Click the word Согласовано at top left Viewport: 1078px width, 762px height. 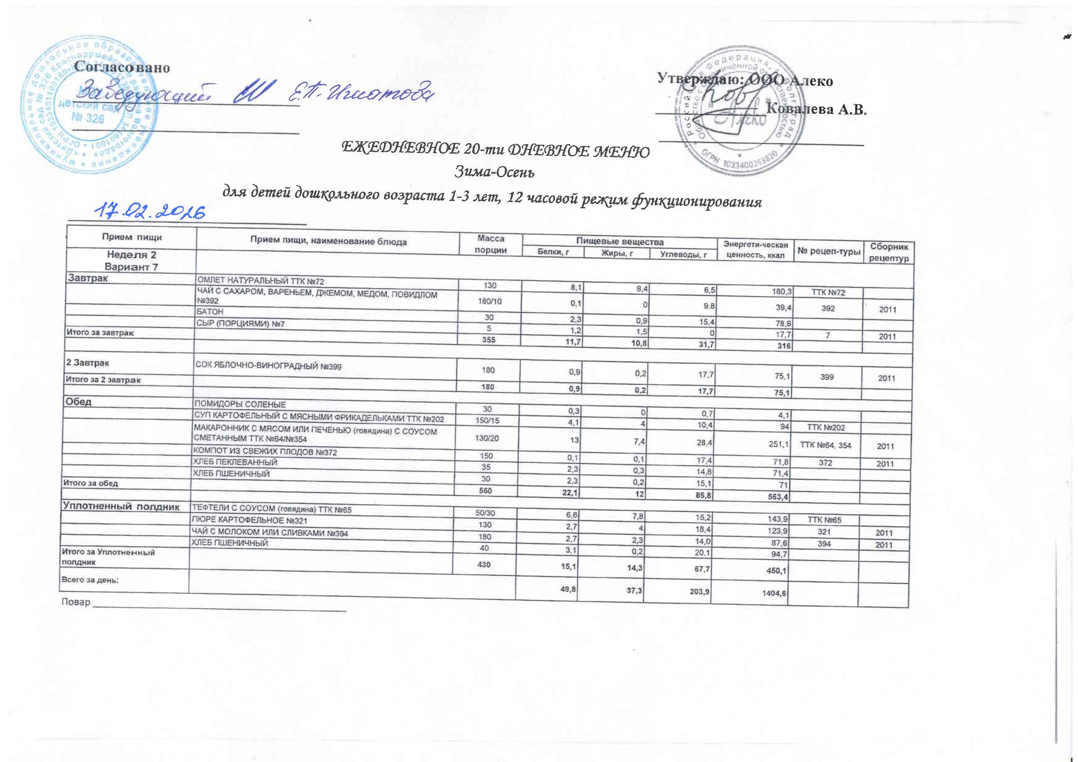(122, 67)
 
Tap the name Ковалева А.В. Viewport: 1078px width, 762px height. (816, 109)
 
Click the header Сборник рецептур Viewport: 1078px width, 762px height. (889, 252)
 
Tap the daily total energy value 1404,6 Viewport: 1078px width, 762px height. (774, 593)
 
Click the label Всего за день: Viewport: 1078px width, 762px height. (90, 579)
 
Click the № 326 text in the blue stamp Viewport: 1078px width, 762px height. (88, 118)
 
